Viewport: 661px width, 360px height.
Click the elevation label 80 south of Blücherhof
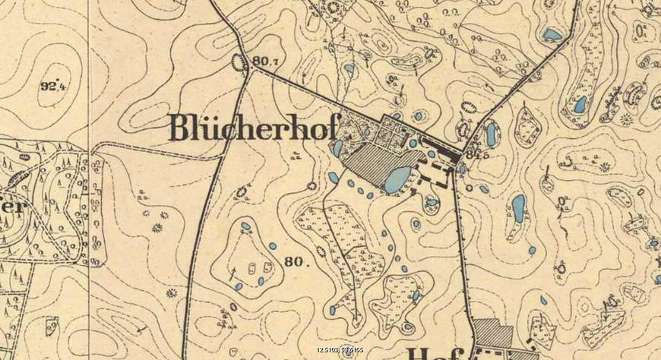[x=294, y=263]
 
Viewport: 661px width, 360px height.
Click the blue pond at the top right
[x=552, y=34]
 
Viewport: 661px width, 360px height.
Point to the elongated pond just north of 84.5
[x=492, y=134]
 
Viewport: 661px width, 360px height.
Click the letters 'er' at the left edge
[x=14, y=207]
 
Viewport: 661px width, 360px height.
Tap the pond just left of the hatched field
[x=337, y=147]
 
